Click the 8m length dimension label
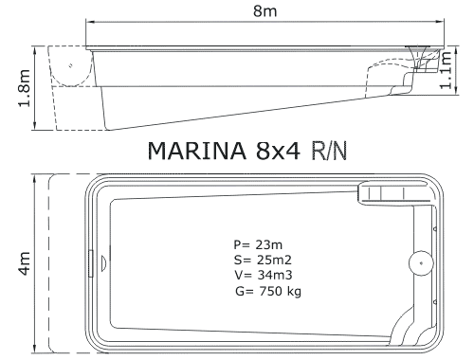[x=264, y=11]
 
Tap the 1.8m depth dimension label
[x=24, y=88]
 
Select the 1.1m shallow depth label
[x=447, y=70]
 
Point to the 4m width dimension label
[x=25, y=263]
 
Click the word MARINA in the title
[x=196, y=151]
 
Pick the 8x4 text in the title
[x=278, y=151]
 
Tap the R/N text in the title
[x=329, y=151]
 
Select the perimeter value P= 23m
[x=258, y=244]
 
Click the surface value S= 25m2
[x=263, y=260]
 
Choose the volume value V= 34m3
[x=264, y=275]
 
